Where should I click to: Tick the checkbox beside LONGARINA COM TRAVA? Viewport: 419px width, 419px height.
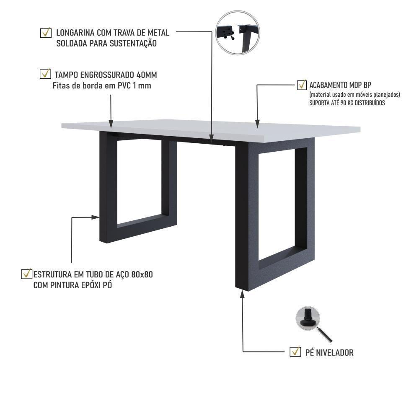coord(45,33)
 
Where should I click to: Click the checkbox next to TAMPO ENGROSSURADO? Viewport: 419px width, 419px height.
coord(45,74)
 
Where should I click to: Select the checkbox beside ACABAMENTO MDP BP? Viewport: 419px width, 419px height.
coord(302,85)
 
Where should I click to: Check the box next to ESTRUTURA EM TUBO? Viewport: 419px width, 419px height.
coord(26,274)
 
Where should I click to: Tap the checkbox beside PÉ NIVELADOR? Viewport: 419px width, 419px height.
coord(295,352)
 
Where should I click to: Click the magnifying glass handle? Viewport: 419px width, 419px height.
coord(325,334)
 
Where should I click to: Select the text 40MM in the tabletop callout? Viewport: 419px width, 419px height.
coord(147,75)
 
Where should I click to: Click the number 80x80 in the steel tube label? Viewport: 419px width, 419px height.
coord(142,275)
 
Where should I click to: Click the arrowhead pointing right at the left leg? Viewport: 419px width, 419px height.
coord(96,217)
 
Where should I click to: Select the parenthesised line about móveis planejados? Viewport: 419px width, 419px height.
coord(354,95)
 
